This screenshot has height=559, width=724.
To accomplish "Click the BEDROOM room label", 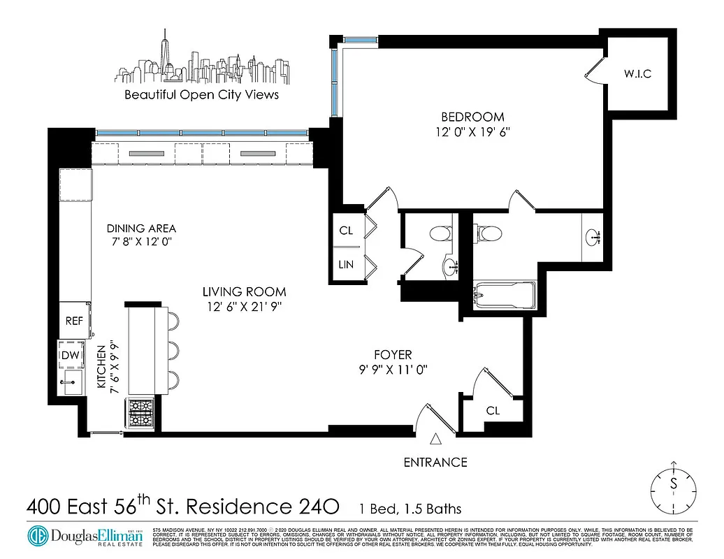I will (472, 117).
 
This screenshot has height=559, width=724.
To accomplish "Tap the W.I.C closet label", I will (637, 74).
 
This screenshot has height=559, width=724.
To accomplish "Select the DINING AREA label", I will (141, 228).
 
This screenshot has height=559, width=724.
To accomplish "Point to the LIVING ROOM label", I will (244, 292).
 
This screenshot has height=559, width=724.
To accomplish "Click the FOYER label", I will (391, 355).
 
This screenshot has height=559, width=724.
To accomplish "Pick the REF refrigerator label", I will (74, 321).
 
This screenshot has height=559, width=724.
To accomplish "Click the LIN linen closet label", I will (346, 264).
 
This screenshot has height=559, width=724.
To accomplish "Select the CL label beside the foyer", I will (493, 411).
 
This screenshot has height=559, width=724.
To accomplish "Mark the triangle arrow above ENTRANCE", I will (435, 440).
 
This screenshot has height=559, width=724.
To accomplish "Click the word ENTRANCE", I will (435, 462).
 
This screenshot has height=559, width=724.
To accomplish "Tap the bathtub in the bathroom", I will (504, 294).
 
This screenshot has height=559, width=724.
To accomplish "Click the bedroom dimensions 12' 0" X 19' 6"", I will (472, 133).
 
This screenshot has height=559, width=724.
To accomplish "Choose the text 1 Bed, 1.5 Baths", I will (410, 509).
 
